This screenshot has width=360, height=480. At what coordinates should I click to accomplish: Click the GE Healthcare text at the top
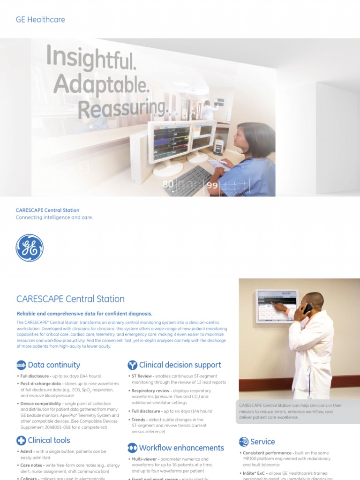pos(40,20)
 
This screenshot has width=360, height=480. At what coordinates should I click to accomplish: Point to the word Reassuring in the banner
pos(123,109)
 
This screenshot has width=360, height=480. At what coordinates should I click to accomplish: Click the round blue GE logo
pos(30,247)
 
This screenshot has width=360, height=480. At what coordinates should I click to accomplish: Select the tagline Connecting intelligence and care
pos(54,217)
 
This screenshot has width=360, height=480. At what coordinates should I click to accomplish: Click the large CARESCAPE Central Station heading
pos(70,299)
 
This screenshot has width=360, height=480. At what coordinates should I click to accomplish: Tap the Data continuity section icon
pos(21,365)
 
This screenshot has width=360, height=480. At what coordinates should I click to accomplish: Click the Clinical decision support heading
pos(180,365)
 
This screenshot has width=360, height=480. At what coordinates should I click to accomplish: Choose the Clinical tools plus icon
pos(21,440)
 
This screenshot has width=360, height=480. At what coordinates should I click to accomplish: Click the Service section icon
pos(244,442)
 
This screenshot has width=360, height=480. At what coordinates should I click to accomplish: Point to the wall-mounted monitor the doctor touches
pos(277,306)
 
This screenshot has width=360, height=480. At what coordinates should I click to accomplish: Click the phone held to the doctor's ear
pos(307,309)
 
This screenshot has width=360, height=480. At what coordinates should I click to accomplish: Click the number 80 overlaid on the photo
pos(168,184)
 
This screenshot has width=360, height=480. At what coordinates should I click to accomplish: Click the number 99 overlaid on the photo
pos(212,186)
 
